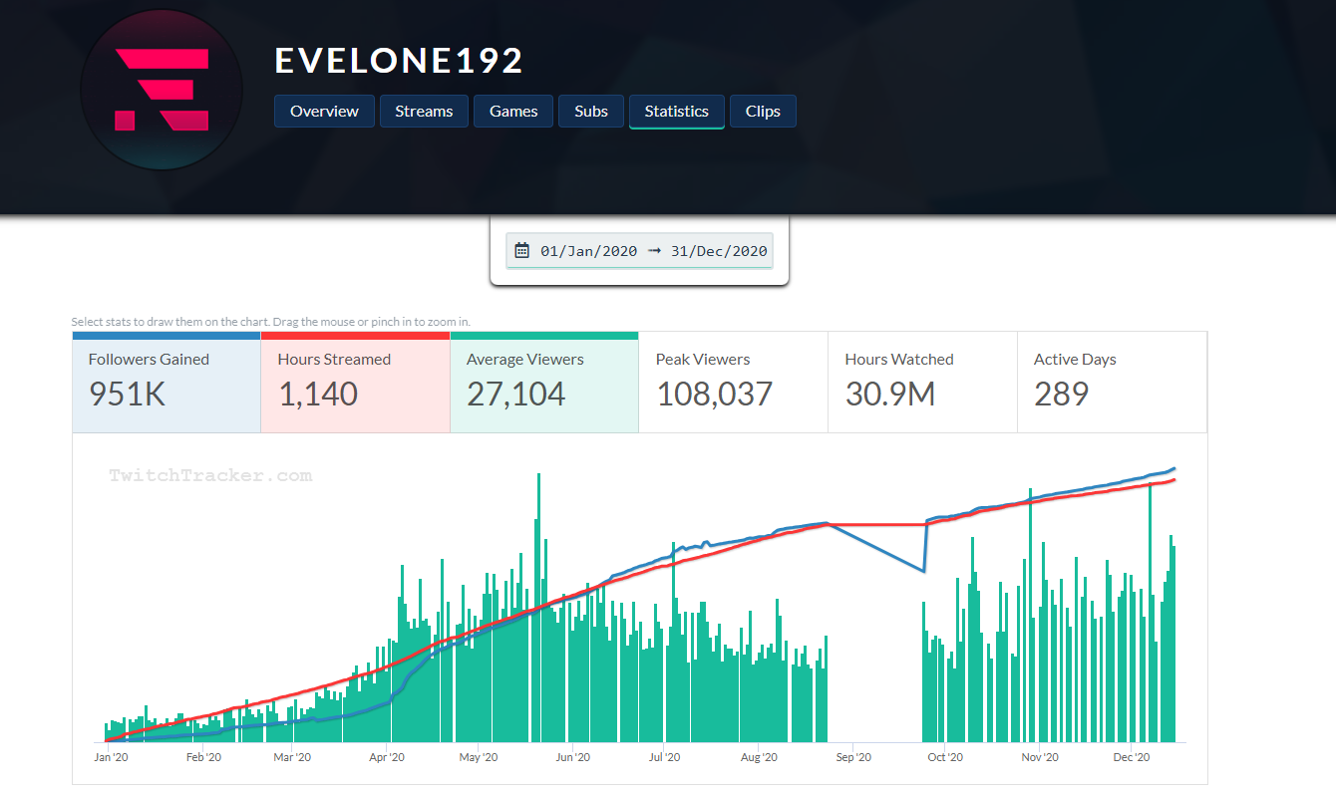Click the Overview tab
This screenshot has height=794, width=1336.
click(324, 112)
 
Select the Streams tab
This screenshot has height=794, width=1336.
click(424, 112)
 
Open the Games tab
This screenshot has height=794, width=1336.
click(513, 112)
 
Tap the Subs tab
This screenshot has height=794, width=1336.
click(591, 112)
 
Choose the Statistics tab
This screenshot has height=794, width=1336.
click(676, 112)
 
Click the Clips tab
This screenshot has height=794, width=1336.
click(763, 112)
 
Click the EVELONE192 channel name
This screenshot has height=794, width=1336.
click(399, 62)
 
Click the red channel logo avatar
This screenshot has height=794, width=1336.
click(162, 90)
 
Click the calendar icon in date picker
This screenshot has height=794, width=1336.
click(521, 251)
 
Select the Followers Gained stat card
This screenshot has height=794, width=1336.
click(166, 383)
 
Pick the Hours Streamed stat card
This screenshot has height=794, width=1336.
click(355, 383)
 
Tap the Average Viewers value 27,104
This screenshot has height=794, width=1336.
click(516, 395)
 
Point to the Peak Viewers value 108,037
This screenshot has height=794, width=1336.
click(714, 395)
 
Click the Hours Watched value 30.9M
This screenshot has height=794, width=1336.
click(890, 395)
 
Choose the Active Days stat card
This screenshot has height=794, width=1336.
click(1111, 383)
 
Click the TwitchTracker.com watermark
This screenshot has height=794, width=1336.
click(210, 476)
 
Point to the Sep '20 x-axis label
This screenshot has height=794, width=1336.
click(853, 758)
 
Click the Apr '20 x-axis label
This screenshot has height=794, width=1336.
click(386, 758)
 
